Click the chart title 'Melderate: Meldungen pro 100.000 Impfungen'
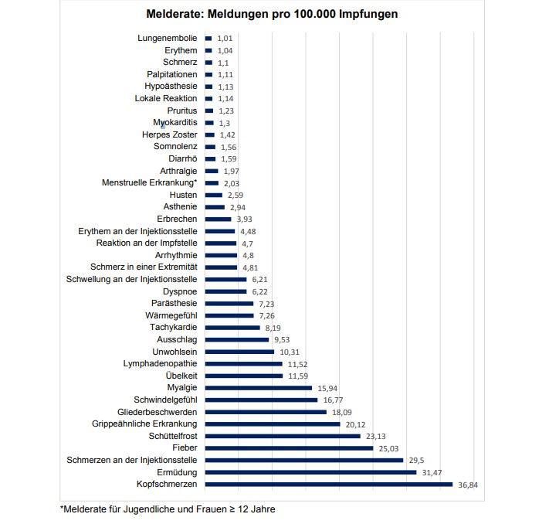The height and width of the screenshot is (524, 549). click(273, 15)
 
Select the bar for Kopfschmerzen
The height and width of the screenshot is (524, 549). click(328, 485)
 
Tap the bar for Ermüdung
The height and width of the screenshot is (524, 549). click(310, 472)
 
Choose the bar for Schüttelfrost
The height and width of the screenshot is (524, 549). click(283, 436)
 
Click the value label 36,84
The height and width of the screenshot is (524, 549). click(469, 485)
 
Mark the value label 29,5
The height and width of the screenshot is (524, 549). click(417, 460)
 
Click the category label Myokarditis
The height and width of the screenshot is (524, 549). click(175, 123)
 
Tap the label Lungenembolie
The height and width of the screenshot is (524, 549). click(168, 38)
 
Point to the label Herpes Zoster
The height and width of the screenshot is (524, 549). click(170, 134)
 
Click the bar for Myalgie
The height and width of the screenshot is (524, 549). click(259, 388)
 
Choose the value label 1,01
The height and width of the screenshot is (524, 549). click(225, 38)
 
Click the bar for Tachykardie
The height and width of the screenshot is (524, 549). click(232, 328)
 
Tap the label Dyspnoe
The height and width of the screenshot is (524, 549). click(180, 291)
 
